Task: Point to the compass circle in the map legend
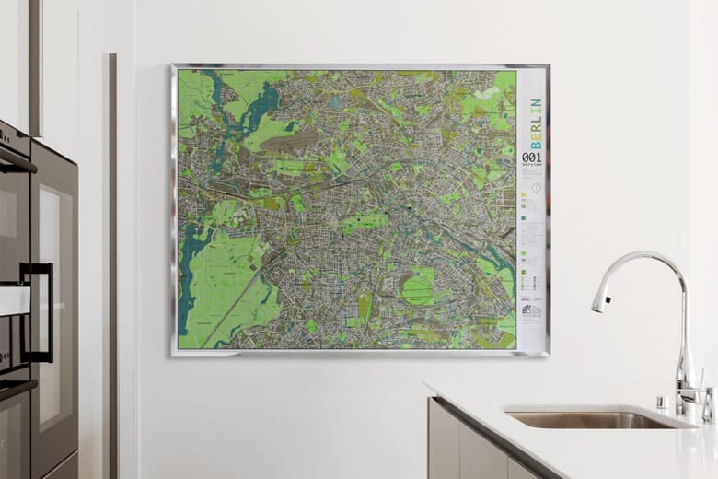click(x=537, y=188)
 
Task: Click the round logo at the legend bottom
click(x=532, y=311)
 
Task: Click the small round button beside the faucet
click(x=661, y=403)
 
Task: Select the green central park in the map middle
click(x=365, y=221)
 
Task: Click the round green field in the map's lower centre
click(x=417, y=286)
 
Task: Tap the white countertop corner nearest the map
click(x=431, y=387)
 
